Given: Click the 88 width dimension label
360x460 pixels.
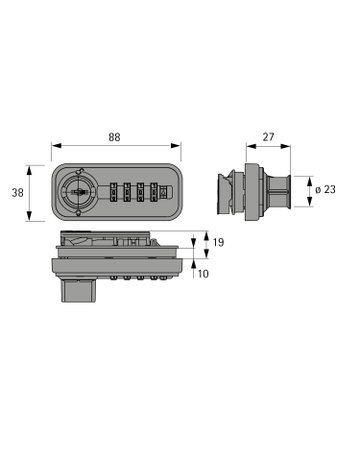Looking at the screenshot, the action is pyautogui.click(x=114, y=137).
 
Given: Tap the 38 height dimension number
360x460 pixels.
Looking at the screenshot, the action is pyautogui.click(x=18, y=193).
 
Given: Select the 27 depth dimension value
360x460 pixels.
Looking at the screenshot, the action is pyautogui.click(x=268, y=137).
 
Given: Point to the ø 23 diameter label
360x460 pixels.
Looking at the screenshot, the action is pyautogui.click(x=325, y=189).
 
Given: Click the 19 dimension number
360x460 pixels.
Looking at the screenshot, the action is pyautogui.click(x=218, y=242).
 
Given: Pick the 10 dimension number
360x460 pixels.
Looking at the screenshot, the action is pyautogui.click(x=203, y=274).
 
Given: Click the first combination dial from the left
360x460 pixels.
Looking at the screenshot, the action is pyautogui.click(x=114, y=192).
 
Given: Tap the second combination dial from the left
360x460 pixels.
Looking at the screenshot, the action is pyautogui.click(x=127, y=192).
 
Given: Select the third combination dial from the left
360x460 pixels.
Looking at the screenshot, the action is pyautogui.click(x=140, y=192).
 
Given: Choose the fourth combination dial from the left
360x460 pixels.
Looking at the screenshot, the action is pyautogui.click(x=154, y=192).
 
